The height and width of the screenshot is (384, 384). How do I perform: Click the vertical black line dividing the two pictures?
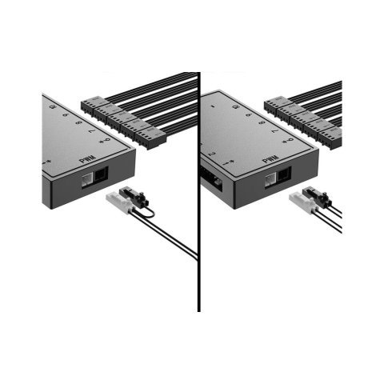198,192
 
